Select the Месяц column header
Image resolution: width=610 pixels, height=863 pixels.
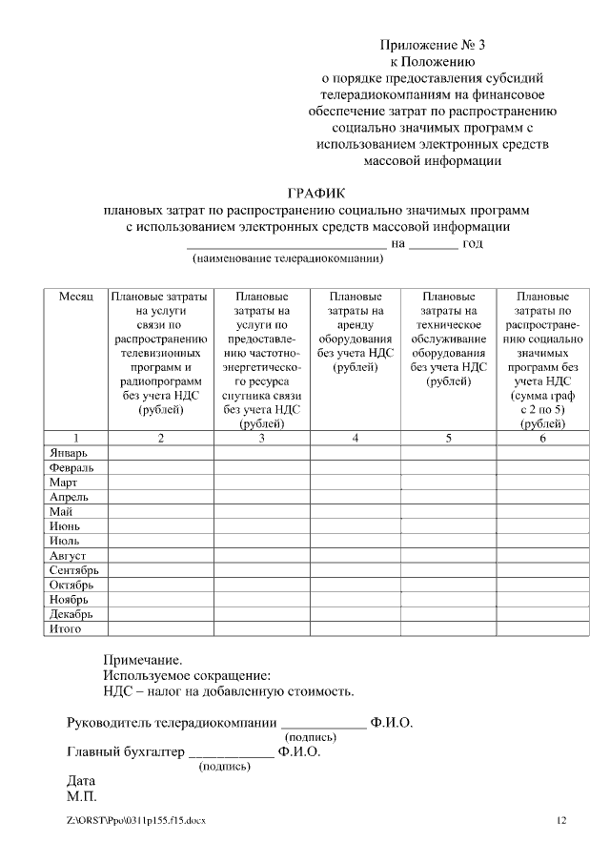click(x=76, y=298)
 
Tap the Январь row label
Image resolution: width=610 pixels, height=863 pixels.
click(x=69, y=453)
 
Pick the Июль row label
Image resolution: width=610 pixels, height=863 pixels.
click(x=64, y=541)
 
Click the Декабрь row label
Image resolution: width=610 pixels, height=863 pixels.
click(x=71, y=614)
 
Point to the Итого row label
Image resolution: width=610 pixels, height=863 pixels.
click(x=66, y=628)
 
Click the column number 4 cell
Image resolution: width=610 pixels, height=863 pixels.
click(x=356, y=438)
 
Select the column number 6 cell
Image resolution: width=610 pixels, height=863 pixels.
click(x=542, y=438)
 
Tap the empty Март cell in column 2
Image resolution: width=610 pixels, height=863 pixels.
click(x=160, y=483)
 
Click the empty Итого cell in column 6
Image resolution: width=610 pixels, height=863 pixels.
click(x=542, y=629)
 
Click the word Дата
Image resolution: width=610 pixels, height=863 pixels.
click(x=81, y=780)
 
